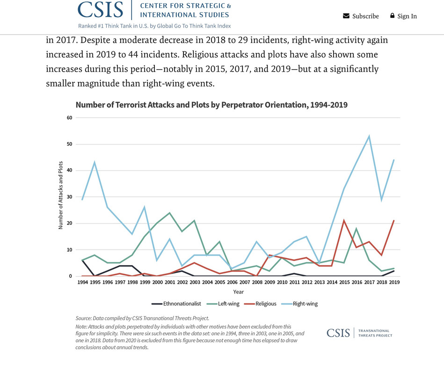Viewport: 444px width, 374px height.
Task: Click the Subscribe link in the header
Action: click(x=365, y=16)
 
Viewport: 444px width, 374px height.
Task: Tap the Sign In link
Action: click(x=407, y=16)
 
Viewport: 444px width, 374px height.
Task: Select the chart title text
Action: click(x=211, y=105)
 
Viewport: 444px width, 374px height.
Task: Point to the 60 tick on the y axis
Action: click(x=69, y=118)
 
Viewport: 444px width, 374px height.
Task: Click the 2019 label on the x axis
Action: click(x=394, y=282)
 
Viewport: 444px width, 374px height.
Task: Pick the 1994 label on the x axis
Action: click(x=82, y=282)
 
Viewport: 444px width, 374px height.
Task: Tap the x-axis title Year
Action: click(x=239, y=292)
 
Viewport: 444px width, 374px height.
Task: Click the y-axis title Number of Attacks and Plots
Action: click(x=61, y=195)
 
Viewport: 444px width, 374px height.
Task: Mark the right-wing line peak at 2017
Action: click(x=369, y=137)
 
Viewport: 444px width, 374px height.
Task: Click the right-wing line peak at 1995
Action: click(x=95, y=163)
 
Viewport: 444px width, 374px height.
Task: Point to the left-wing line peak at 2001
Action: click(x=169, y=213)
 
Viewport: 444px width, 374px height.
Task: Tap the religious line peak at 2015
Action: click(x=344, y=221)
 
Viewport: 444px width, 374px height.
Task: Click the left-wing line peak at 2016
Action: click(x=357, y=229)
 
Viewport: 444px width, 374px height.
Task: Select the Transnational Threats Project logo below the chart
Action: click(x=359, y=333)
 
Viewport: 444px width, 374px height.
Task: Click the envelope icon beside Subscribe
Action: click(x=346, y=16)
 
